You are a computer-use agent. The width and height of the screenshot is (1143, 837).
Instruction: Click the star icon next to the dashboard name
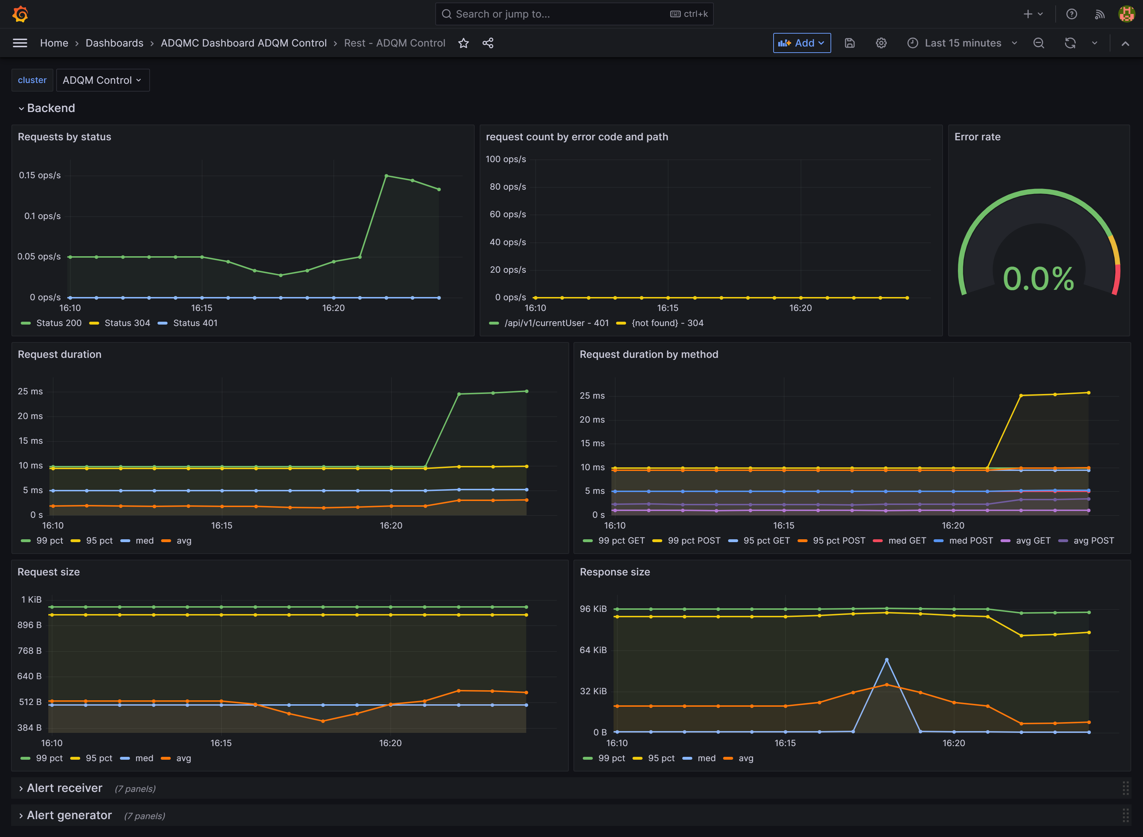pos(463,43)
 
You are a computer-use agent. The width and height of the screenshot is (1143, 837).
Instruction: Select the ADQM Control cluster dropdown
pos(102,80)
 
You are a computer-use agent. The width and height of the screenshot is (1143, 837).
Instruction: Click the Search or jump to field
pos(558,14)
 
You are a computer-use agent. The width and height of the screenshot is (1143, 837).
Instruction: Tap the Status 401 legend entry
pos(195,323)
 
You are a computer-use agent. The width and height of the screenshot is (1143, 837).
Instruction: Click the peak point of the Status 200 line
pos(386,176)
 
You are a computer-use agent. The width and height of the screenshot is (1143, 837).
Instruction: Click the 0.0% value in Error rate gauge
pos(1038,279)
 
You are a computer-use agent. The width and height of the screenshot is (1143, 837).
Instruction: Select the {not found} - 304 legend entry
pos(667,323)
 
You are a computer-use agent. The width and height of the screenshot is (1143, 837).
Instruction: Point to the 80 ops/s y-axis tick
pos(507,187)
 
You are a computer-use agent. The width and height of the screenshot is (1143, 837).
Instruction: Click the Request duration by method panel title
pos(648,355)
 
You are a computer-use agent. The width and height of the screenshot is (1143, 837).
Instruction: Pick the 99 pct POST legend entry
pos(693,541)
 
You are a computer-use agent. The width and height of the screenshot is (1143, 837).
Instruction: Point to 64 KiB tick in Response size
pos(592,650)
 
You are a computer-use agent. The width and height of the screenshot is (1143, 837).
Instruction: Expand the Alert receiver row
pos(64,788)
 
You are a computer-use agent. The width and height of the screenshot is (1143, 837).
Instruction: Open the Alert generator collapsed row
pos(69,815)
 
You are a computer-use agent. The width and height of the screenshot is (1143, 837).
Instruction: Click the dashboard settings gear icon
pos(881,43)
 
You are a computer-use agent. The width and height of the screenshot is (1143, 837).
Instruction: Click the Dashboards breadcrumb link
pos(114,43)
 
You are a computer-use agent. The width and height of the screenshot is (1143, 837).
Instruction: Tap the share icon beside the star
pos(488,43)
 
